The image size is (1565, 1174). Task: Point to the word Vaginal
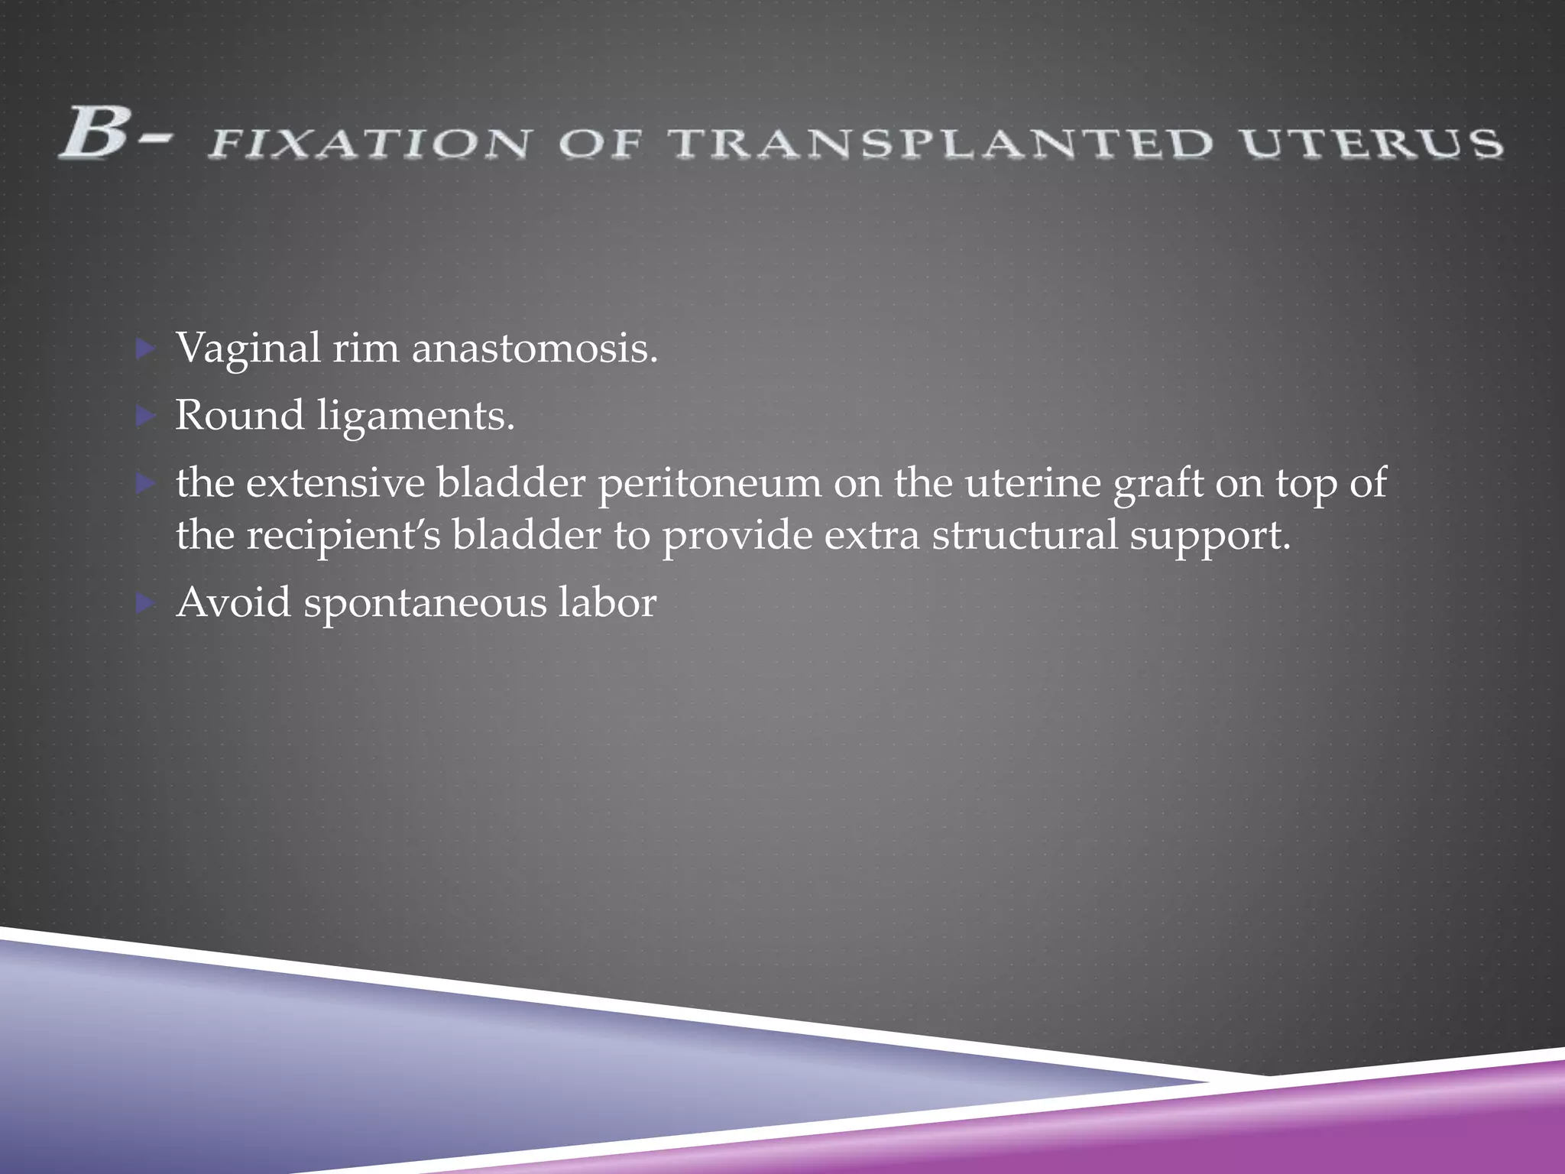point(248,349)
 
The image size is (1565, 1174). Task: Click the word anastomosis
point(534,349)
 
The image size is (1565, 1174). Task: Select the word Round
point(239,416)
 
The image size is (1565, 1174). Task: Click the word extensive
point(335,483)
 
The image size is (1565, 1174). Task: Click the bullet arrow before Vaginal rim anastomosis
point(144,350)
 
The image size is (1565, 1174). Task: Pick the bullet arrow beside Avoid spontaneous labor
point(144,605)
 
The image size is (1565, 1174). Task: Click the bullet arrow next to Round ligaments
point(144,417)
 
